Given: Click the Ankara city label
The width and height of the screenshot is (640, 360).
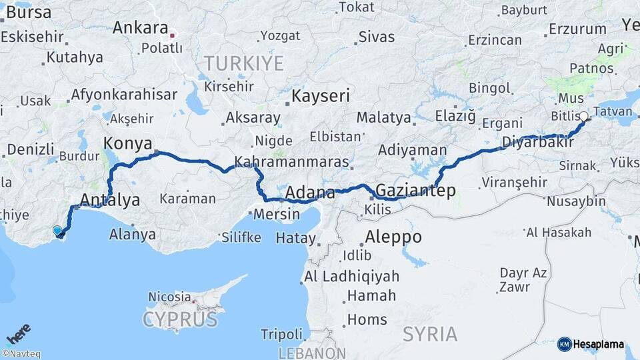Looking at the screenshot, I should pyautogui.click(x=140, y=28).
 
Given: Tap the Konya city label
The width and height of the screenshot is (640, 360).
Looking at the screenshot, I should pyautogui.click(x=127, y=143).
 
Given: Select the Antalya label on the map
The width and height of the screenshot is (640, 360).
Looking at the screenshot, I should pyautogui.click(x=110, y=199).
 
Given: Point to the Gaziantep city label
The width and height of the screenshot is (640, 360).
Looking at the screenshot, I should pyautogui.click(x=416, y=191).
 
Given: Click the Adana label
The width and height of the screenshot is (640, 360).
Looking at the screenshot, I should pyautogui.click(x=310, y=193).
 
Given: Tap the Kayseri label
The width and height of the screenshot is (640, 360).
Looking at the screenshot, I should pyautogui.click(x=320, y=97).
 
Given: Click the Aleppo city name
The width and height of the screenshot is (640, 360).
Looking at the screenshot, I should pyautogui.click(x=393, y=237).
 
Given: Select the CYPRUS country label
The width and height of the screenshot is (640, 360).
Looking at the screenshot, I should pyautogui.click(x=180, y=319).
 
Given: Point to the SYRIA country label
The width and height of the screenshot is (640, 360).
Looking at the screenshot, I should pyautogui.click(x=430, y=333).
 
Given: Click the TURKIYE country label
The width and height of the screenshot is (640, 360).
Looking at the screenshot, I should pyautogui.click(x=243, y=64).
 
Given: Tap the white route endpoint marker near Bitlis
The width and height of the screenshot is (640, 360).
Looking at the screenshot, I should pyautogui.click(x=584, y=117).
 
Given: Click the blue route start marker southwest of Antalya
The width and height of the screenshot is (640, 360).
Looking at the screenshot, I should pyautogui.click(x=58, y=231).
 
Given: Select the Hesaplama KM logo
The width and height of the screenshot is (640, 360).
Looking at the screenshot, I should pyautogui.click(x=591, y=344).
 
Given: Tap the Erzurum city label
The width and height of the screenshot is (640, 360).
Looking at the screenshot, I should pyautogui.click(x=577, y=29).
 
